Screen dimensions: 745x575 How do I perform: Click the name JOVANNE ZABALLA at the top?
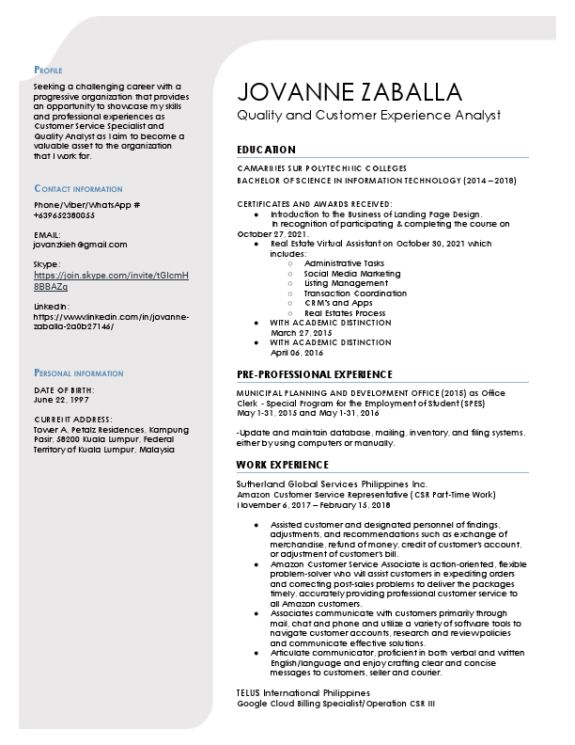coord(350,91)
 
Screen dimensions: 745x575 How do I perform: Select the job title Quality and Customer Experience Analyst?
coord(368,115)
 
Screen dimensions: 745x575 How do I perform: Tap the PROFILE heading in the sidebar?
coord(48,71)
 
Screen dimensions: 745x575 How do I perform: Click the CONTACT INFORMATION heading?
coord(78,189)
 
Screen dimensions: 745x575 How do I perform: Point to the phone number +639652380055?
coord(64,214)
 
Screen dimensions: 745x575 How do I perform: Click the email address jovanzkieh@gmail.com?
coord(80,244)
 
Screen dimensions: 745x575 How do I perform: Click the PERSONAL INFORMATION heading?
coord(78,373)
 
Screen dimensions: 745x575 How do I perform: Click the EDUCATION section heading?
coord(266,150)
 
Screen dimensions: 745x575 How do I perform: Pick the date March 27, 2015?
coord(302,333)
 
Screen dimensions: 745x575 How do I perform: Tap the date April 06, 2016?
coord(297,353)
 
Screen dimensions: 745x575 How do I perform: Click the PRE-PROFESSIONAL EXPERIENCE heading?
coord(314,374)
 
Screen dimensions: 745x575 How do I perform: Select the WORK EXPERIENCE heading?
coord(282,465)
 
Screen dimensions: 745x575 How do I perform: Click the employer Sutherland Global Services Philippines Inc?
coord(332,483)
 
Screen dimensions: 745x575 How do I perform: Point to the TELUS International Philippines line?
coord(303,693)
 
